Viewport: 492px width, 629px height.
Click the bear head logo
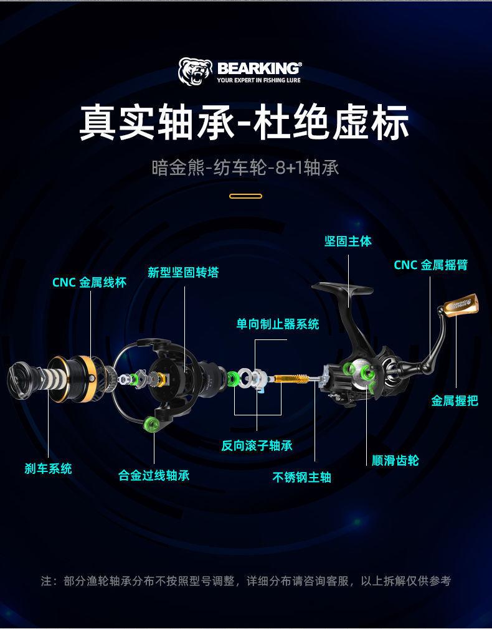[x=196, y=72]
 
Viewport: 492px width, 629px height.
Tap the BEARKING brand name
[x=259, y=67]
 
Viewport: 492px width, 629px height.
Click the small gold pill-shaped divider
[x=245, y=196]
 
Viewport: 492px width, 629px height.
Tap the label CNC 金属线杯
[x=89, y=283]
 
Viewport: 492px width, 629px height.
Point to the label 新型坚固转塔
[x=183, y=273]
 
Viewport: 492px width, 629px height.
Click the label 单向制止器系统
[x=277, y=324]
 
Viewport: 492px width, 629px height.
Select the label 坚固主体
[x=348, y=242]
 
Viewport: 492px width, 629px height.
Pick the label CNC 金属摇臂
[x=430, y=265]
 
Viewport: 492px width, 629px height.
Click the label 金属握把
[x=455, y=401]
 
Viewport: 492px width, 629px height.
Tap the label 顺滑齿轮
[x=395, y=461]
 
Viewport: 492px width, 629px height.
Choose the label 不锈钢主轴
[x=302, y=478]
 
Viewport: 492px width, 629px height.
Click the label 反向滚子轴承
[x=257, y=446]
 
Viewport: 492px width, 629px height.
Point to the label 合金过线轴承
[x=154, y=476]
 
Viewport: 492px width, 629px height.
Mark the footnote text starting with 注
[x=245, y=581]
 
